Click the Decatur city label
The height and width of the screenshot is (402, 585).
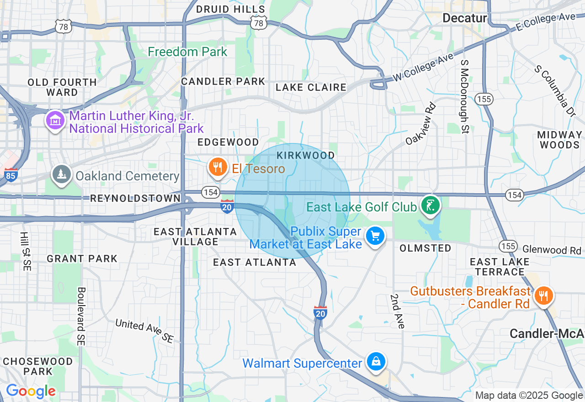point(465,18)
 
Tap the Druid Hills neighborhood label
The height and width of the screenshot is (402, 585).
point(230,9)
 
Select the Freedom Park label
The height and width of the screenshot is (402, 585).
point(187,52)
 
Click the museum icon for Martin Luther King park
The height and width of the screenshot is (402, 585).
point(55,121)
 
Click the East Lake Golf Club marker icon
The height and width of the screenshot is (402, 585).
point(430,206)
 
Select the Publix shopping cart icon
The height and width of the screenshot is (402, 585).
point(375,236)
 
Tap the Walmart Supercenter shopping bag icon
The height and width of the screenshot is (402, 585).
point(376,362)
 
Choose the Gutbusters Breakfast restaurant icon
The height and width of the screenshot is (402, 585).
point(543,296)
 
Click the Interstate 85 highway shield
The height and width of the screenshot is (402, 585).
point(11,175)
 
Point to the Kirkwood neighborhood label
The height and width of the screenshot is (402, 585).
point(306,155)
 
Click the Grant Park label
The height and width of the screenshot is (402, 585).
point(82,259)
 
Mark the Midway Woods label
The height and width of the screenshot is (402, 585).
point(559,140)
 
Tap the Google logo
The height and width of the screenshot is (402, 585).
point(31,391)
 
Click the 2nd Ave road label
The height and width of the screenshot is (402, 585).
point(397,311)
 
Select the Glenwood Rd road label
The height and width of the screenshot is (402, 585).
point(551,250)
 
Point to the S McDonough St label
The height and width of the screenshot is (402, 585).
point(465,96)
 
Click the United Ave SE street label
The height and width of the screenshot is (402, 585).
point(144,331)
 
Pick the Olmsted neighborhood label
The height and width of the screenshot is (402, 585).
point(425,248)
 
